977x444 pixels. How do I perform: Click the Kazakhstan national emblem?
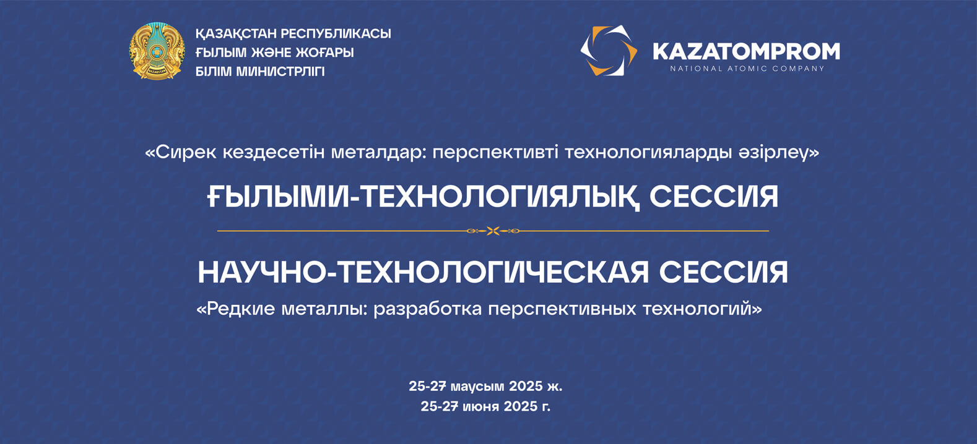coord(157,51)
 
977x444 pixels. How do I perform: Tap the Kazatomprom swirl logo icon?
coord(609,51)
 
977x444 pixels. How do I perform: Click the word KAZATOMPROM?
coord(746,51)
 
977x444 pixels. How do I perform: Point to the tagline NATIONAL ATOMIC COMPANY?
coord(747,69)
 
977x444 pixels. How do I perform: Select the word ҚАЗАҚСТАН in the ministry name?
coord(235,33)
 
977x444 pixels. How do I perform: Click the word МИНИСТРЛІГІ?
coord(280,72)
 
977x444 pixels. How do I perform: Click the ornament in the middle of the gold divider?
coord(493,231)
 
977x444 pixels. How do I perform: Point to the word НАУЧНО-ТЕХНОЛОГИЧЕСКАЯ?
coord(423,272)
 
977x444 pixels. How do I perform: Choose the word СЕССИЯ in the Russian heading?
coord(723,272)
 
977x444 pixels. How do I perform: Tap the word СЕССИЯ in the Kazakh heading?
coord(714,197)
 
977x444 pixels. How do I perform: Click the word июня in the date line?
coord(480,406)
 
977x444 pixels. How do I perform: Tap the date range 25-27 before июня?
coord(439,406)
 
